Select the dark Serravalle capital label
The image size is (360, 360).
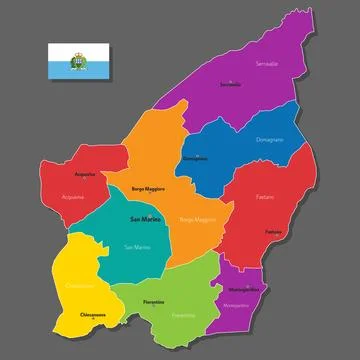click(x=231, y=84)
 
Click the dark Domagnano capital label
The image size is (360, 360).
click(x=197, y=158)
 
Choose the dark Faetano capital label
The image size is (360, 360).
click(x=273, y=231)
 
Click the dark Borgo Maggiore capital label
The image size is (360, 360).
click(x=147, y=188)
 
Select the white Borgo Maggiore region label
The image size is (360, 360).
click(x=197, y=218)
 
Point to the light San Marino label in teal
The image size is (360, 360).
click(x=137, y=246)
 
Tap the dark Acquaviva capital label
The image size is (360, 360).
click(x=85, y=174)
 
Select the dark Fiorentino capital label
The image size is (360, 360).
click(x=153, y=301)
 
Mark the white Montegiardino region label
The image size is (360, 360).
click(x=237, y=303)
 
